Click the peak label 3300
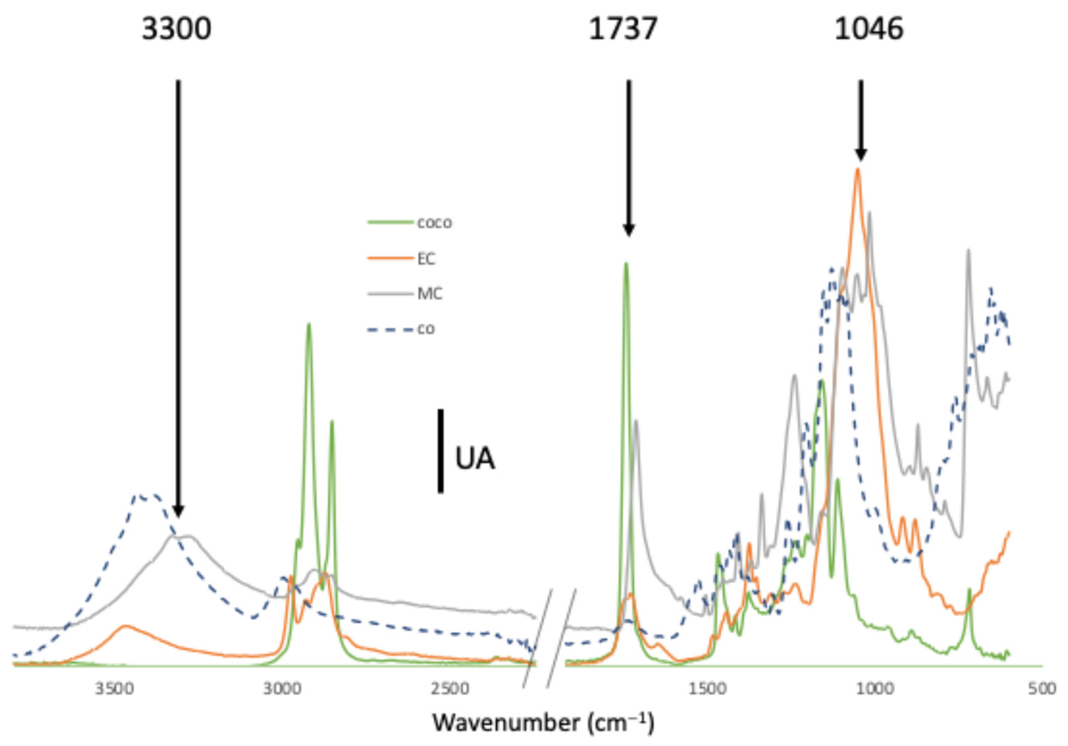(176, 29)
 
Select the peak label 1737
(623, 29)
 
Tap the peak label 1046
(869, 29)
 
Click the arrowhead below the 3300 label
(178, 510)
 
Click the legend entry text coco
(434, 223)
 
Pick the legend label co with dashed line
(425, 329)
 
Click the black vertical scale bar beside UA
(440, 451)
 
